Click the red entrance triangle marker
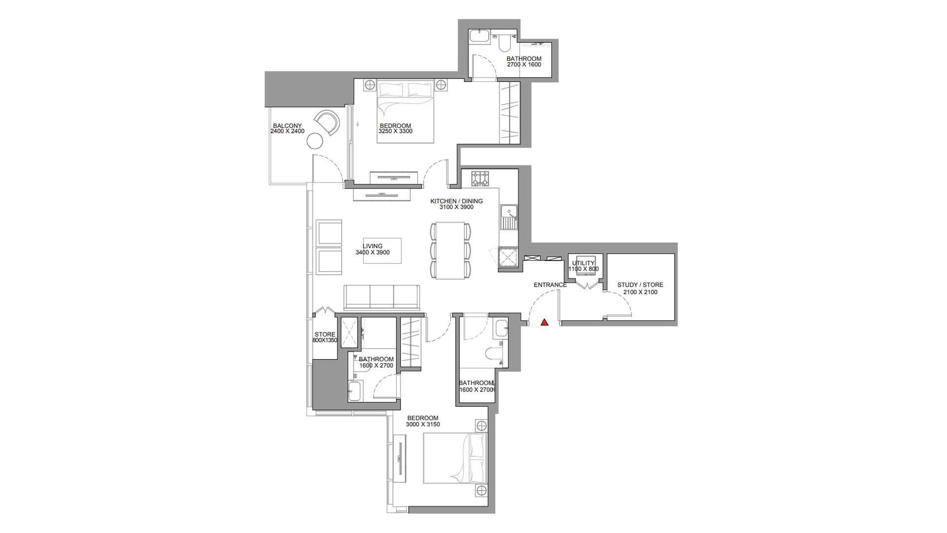tap(545, 323)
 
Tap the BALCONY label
tap(287, 126)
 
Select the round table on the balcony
tap(314, 141)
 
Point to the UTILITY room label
tap(583, 263)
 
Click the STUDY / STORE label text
tap(640, 285)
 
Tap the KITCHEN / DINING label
tap(456, 201)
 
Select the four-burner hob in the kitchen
tap(480, 179)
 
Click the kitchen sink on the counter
tap(509, 212)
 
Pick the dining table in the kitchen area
tap(450, 251)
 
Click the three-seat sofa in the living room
tap(382, 297)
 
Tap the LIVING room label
tap(372, 246)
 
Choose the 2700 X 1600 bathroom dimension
tap(524, 65)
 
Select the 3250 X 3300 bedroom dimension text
tap(396, 132)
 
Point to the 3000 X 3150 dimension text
tap(423, 424)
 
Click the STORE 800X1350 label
tap(325, 337)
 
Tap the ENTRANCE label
tap(550, 285)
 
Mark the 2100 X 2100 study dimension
tap(640, 292)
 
